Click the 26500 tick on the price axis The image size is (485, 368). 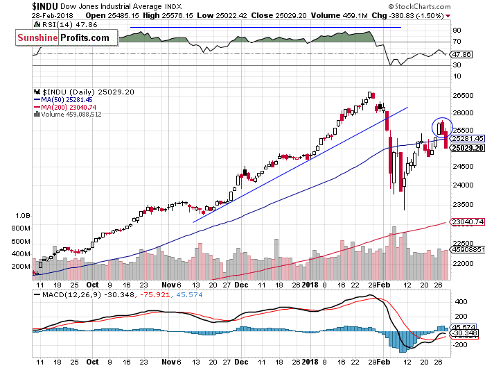[461, 96]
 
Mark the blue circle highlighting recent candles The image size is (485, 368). [442, 127]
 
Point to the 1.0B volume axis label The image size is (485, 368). [24, 216]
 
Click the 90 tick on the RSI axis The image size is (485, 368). [457, 31]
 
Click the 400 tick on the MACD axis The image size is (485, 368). [459, 302]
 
